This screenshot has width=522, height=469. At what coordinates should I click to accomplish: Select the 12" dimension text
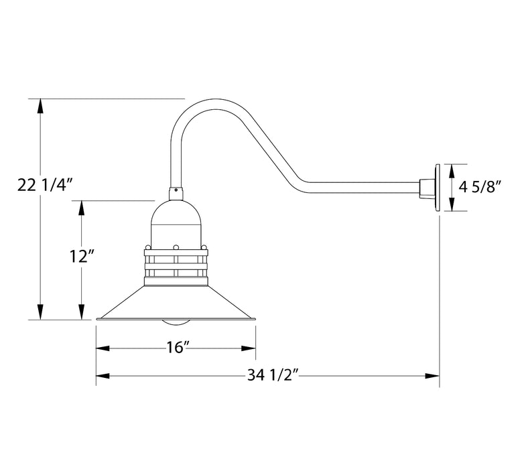pos(81,255)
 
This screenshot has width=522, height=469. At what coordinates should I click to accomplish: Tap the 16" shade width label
pos(176,348)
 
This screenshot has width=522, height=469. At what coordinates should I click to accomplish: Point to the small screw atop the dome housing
pos(176,190)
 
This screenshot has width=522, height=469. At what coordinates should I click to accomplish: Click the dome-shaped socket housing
pos(176,221)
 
